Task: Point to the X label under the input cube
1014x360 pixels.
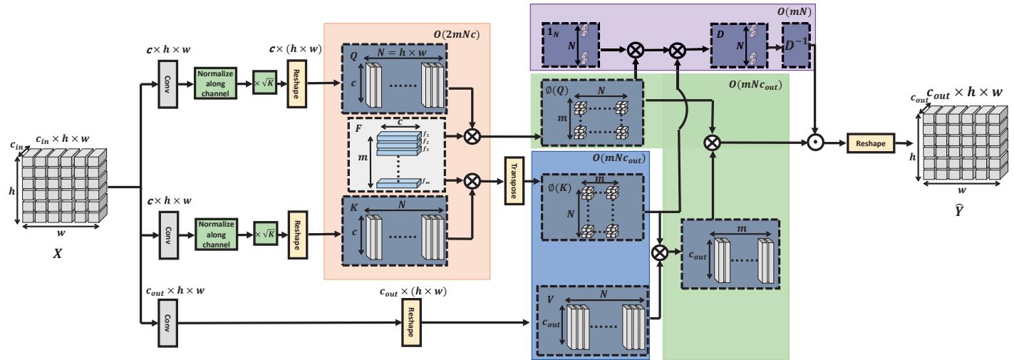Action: click(58, 253)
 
